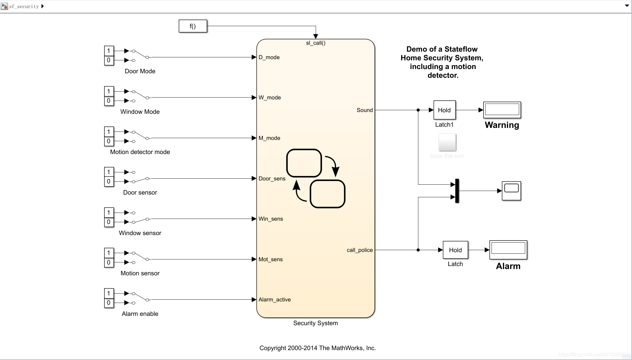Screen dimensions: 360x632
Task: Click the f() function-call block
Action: pos(193,26)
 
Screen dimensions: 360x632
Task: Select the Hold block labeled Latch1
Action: pos(444,110)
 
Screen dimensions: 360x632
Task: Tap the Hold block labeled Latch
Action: pos(455,250)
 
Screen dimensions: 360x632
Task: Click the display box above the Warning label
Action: pos(502,110)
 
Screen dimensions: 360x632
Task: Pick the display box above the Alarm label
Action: pos(508,249)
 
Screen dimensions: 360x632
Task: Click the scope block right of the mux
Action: pos(511,191)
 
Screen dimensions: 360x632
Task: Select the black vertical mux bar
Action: pos(457,191)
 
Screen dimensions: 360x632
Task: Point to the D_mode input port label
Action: pos(269,57)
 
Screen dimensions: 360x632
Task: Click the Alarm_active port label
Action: pos(274,300)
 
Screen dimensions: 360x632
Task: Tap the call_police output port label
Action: pos(360,250)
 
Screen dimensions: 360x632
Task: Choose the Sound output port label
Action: pos(365,110)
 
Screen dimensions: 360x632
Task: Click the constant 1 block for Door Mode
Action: pos(109,51)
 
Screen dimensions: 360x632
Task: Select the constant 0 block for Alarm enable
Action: pos(109,303)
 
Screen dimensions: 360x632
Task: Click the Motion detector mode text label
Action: pos(140,152)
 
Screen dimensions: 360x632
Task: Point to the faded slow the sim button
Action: pos(447,142)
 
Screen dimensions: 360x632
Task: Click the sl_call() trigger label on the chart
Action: pos(315,43)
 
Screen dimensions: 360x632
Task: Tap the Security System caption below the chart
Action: pos(315,323)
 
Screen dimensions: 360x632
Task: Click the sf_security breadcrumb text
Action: pos(24,6)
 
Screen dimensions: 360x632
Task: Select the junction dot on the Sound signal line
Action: pos(418,110)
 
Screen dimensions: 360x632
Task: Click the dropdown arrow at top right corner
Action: pos(627,6)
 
